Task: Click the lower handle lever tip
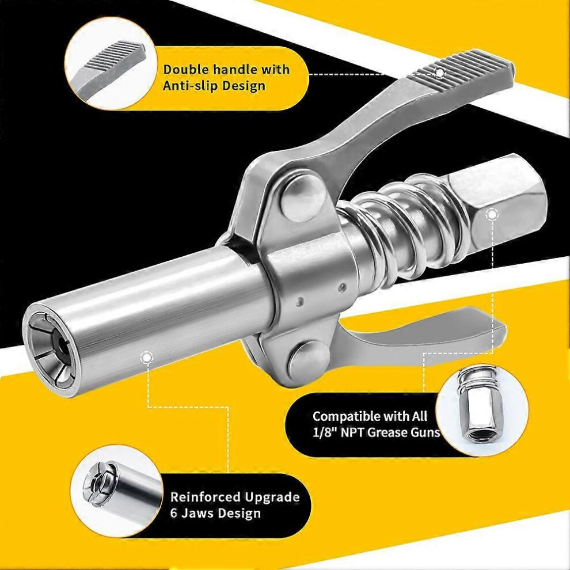coord(499,333)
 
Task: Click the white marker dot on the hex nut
coord(492,215)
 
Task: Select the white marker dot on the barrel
coord(146,358)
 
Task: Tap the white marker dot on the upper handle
coord(440,73)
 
